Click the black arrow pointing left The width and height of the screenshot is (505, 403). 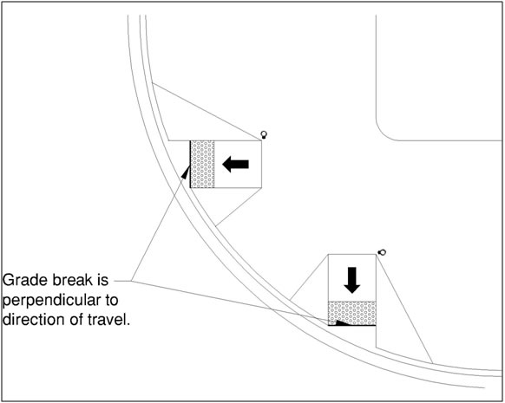235,165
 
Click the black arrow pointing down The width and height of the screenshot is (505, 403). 352,280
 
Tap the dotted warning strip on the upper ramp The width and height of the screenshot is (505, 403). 202,164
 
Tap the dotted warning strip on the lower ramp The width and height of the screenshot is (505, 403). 352,313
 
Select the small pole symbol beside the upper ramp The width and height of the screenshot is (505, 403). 264,134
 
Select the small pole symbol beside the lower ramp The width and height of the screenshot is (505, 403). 382,252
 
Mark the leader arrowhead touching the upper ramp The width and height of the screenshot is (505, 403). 186,172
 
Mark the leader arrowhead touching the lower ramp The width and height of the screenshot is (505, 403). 343,322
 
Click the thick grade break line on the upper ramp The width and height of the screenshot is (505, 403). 190,164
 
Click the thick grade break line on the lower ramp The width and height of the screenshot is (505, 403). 352,325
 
